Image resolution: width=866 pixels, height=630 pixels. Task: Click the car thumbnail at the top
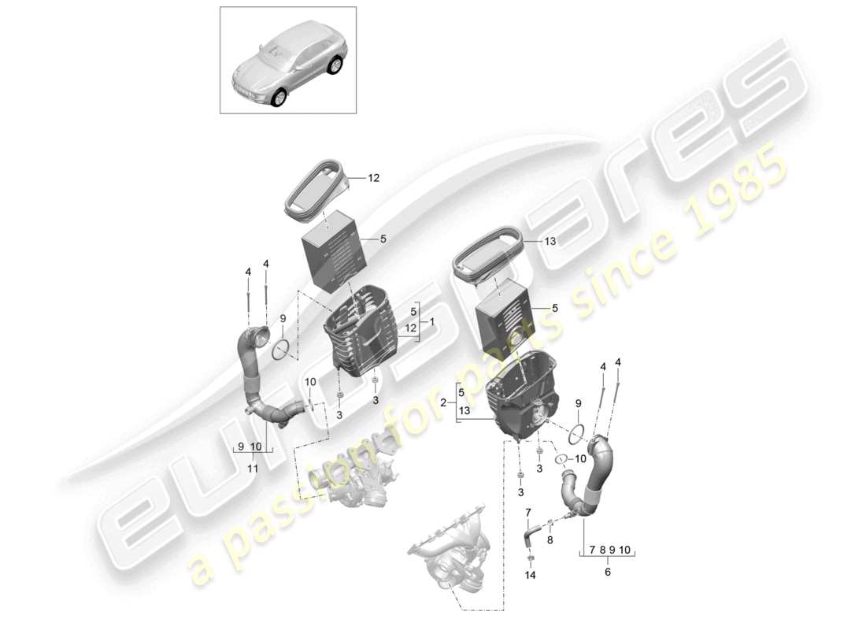click(x=287, y=60)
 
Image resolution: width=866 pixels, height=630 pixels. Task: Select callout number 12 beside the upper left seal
click(x=373, y=179)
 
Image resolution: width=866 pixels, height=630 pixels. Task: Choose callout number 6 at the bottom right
click(x=607, y=573)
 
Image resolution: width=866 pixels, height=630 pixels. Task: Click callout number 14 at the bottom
click(x=530, y=576)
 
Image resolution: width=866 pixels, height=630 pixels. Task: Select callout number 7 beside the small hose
click(x=527, y=513)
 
